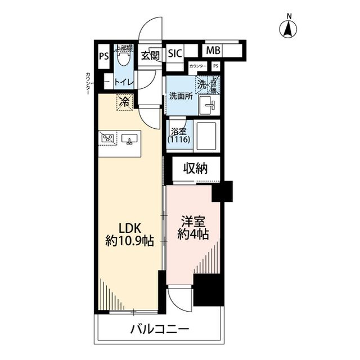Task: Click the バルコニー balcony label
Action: [x=161, y=328]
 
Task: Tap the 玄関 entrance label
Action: [x=150, y=55]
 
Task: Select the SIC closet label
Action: [x=175, y=55]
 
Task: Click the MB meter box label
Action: [x=213, y=51]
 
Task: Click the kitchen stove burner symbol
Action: [x=108, y=138]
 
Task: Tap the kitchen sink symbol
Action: [x=129, y=138]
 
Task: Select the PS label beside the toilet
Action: [x=103, y=56]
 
